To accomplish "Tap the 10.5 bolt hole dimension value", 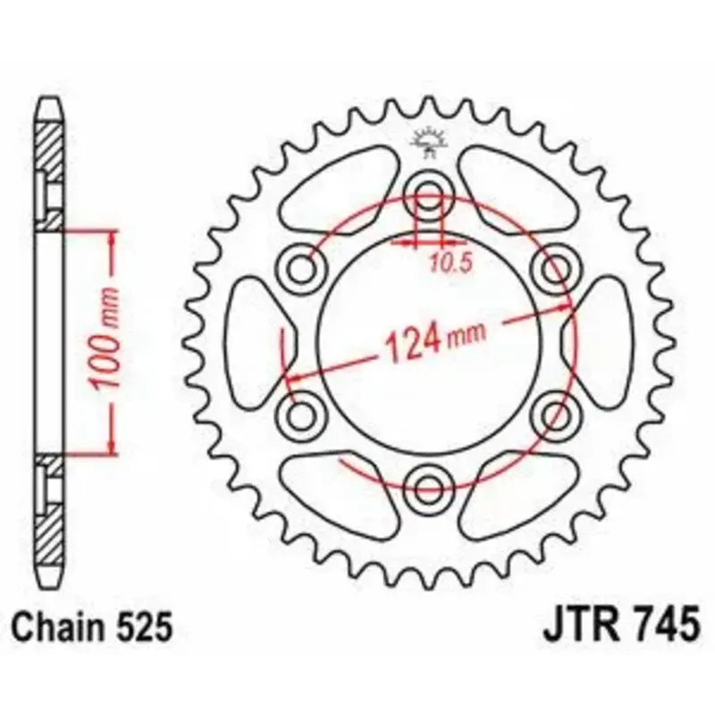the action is (450, 264).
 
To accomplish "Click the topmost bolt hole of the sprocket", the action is (429, 193).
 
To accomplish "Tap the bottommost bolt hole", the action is (429, 488).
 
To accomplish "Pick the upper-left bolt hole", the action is (301, 267).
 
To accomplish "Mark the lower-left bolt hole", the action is (301, 415).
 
